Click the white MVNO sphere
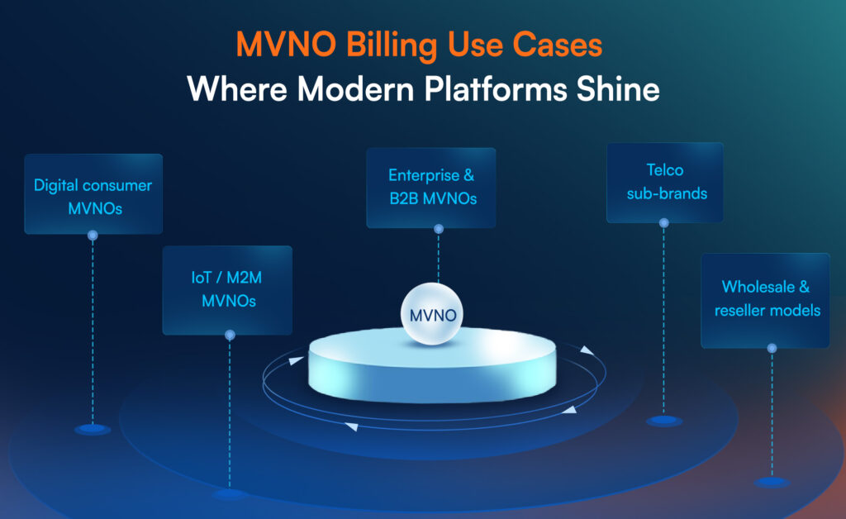[431, 314]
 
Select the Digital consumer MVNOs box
[93, 194]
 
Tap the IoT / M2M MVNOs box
[227, 290]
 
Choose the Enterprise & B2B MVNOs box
[431, 188]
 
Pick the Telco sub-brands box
[665, 183]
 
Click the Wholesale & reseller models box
[766, 301]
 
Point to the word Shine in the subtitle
[618, 89]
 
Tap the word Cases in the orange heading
[557, 45]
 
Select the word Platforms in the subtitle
[496, 89]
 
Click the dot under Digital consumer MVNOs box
[93, 236]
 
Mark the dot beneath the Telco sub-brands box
[664, 223]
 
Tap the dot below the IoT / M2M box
[230, 335]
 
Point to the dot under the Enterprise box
[439, 229]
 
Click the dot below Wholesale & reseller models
[772, 349]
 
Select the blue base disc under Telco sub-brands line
[664, 421]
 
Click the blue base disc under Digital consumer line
[93, 430]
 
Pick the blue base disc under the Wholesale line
[772, 482]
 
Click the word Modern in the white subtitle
[356, 89]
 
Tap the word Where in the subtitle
[237, 89]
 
